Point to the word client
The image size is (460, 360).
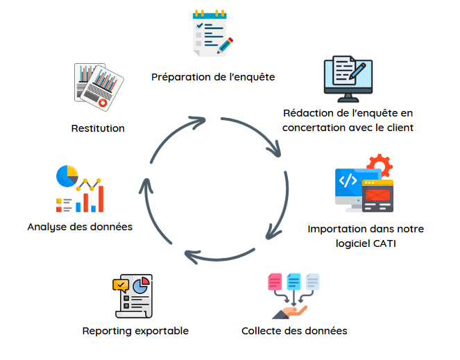398,128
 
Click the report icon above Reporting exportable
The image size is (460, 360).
133,295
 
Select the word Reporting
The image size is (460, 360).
105,331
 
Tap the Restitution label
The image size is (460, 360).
98,128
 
